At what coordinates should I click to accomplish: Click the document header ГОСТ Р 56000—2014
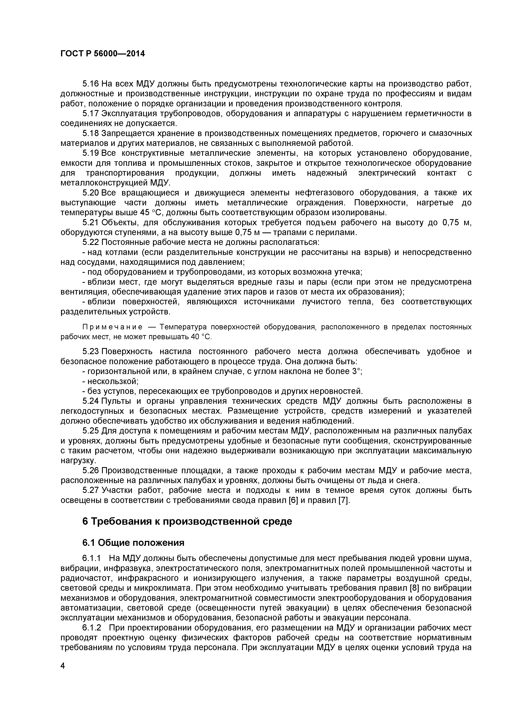[x=103, y=54]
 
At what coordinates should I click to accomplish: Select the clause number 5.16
[x=91, y=84]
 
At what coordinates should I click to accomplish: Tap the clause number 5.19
[x=91, y=153]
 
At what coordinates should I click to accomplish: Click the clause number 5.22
[x=91, y=242]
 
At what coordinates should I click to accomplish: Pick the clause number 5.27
[x=91, y=490]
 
